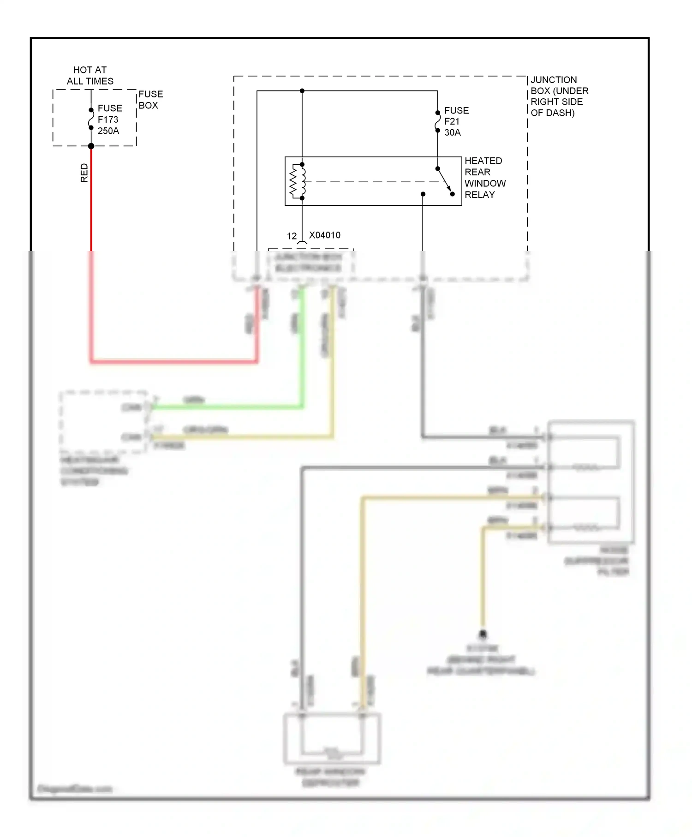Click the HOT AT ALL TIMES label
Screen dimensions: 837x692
(x=90, y=76)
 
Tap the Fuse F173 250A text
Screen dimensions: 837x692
(x=109, y=120)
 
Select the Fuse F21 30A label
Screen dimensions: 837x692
(x=456, y=121)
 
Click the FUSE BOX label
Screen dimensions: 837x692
(x=150, y=100)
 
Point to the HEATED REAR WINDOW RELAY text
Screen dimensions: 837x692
(x=484, y=178)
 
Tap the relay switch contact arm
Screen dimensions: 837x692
(x=445, y=180)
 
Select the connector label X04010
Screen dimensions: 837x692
(x=325, y=235)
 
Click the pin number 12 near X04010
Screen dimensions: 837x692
(x=292, y=236)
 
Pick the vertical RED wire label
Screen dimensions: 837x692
(x=84, y=173)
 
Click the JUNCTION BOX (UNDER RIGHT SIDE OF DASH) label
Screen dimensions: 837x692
(x=559, y=96)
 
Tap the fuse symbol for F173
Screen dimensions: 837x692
(x=91, y=119)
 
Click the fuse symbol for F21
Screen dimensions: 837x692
(x=437, y=121)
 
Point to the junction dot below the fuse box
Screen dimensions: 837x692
(x=91, y=146)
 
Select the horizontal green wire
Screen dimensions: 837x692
(x=226, y=407)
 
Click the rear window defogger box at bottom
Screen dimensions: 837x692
(x=332, y=738)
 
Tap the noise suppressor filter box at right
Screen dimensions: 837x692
(x=591, y=482)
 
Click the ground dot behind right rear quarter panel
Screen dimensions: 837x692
(x=483, y=634)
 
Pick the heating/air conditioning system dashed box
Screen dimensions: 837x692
(x=103, y=421)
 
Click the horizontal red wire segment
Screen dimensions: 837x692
(x=173, y=361)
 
